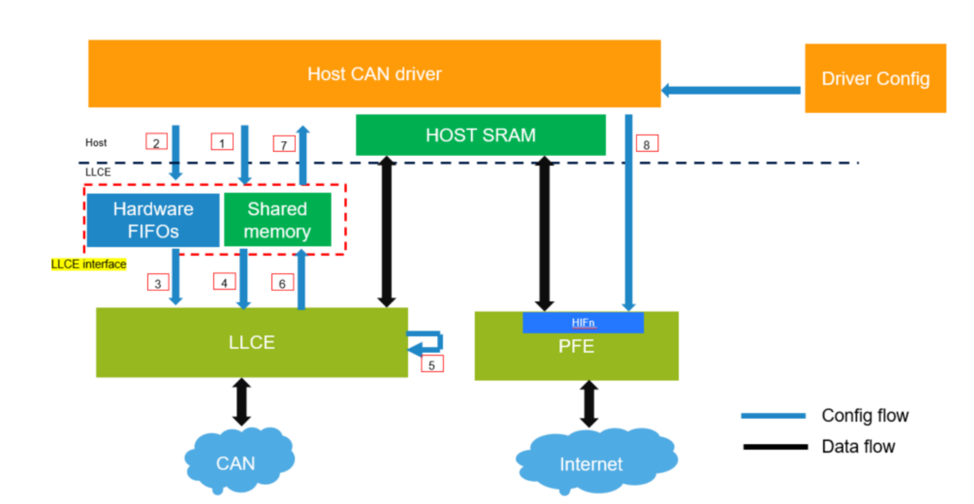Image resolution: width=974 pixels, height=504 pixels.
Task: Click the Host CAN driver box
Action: (x=374, y=74)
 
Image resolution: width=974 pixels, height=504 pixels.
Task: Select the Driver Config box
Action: (x=875, y=78)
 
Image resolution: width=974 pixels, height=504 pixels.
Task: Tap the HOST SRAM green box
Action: (x=480, y=135)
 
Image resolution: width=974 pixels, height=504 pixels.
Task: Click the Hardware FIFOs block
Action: (x=153, y=220)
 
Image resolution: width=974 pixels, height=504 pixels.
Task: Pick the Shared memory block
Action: (x=277, y=220)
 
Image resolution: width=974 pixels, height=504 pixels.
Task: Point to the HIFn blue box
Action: (x=583, y=323)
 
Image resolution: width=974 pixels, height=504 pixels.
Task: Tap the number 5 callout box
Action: (x=432, y=364)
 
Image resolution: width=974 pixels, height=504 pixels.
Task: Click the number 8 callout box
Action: (x=646, y=144)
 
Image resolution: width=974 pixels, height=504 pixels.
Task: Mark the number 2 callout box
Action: (x=156, y=142)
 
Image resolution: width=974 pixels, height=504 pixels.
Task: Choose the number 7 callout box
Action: (x=284, y=145)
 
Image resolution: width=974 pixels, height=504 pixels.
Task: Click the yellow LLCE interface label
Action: (x=88, y=264)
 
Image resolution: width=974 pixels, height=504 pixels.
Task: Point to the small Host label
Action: (x=96, y=143)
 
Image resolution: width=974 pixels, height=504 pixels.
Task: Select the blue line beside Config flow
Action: (x=773, y=416)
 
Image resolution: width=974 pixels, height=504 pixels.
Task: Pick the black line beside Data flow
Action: (x=775, y=446)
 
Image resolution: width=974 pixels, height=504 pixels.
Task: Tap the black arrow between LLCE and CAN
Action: (x=241, y=402)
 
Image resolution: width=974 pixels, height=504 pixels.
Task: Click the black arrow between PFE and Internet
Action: (x=588, y=404)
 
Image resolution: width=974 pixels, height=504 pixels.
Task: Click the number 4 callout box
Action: (x=224, y=282)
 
